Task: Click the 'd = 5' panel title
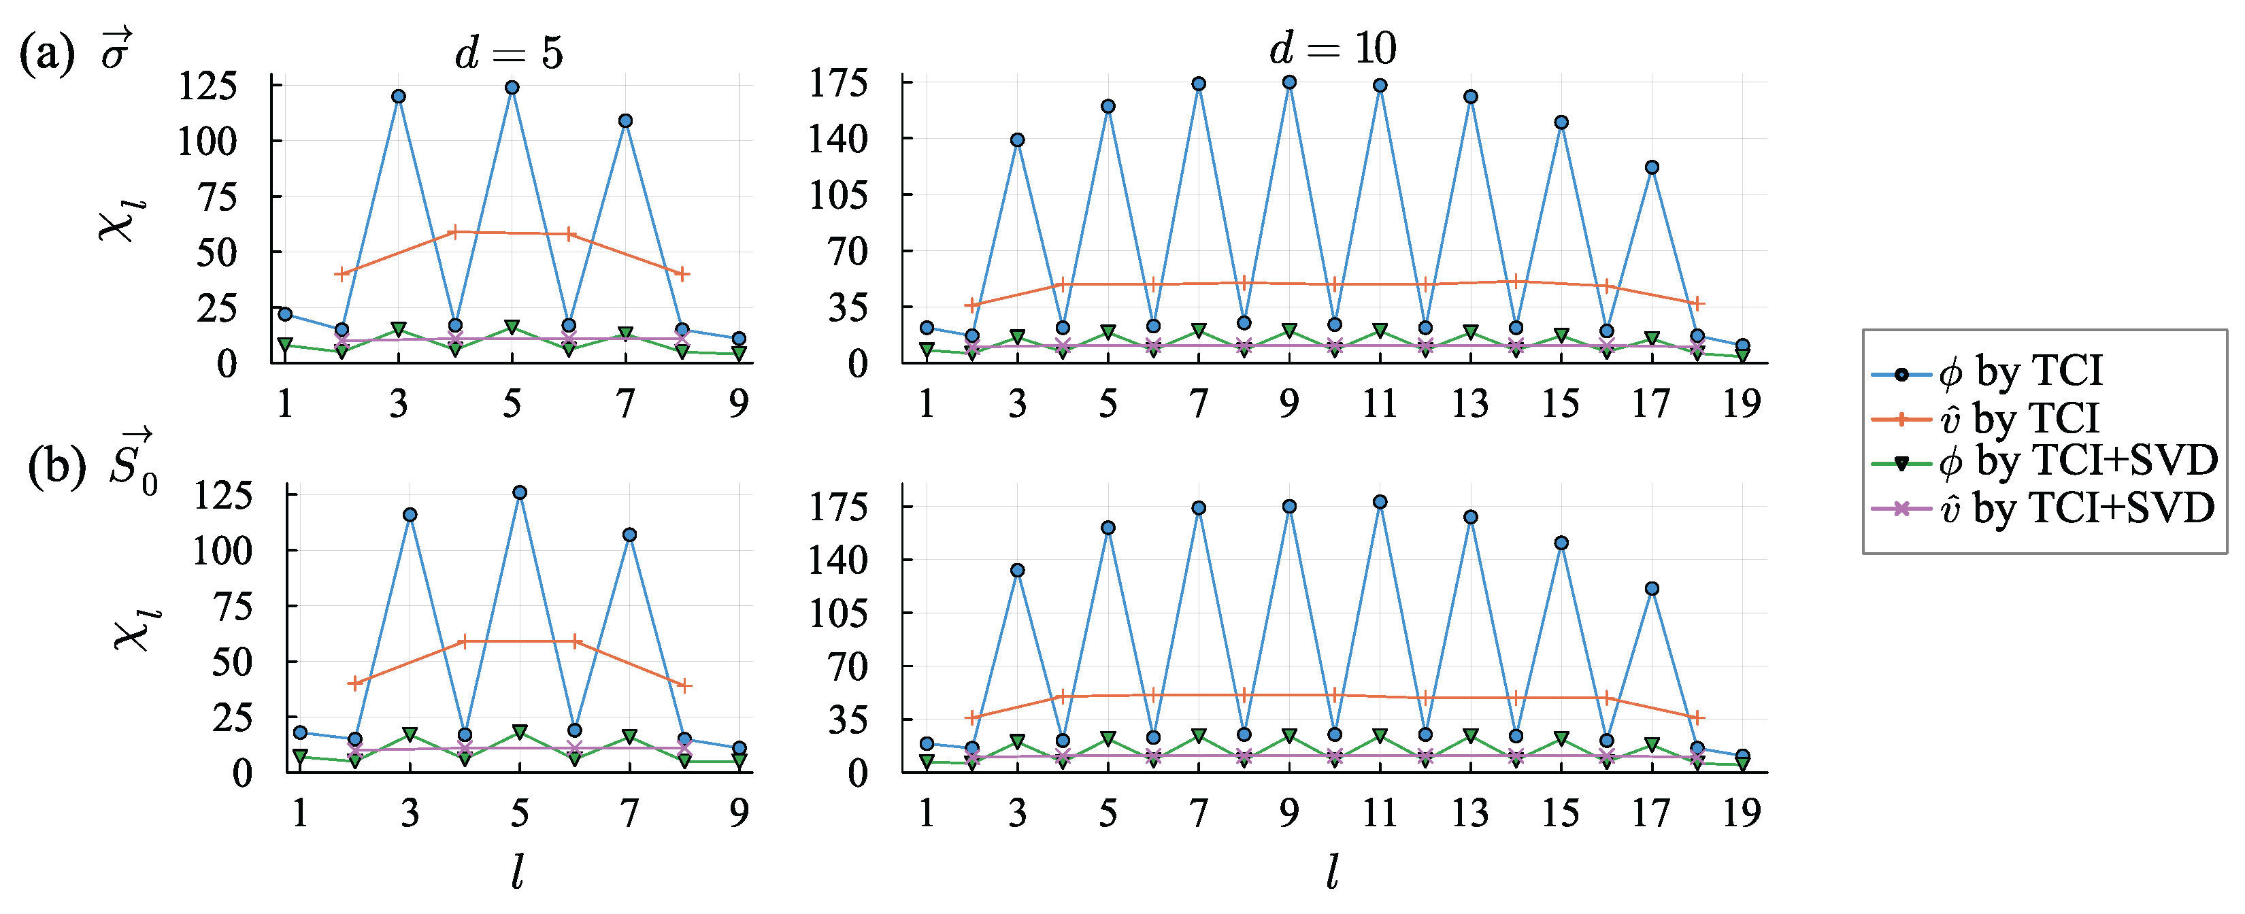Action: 509,54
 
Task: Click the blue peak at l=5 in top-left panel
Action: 512,88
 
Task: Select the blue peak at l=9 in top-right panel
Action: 1289,83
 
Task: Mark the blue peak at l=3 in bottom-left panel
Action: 410,515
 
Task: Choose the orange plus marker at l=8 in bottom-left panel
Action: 684,685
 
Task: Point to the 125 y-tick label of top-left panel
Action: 207,86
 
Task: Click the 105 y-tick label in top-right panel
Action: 838,194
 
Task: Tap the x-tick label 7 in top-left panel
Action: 626,403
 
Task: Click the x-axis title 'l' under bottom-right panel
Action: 1331,871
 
